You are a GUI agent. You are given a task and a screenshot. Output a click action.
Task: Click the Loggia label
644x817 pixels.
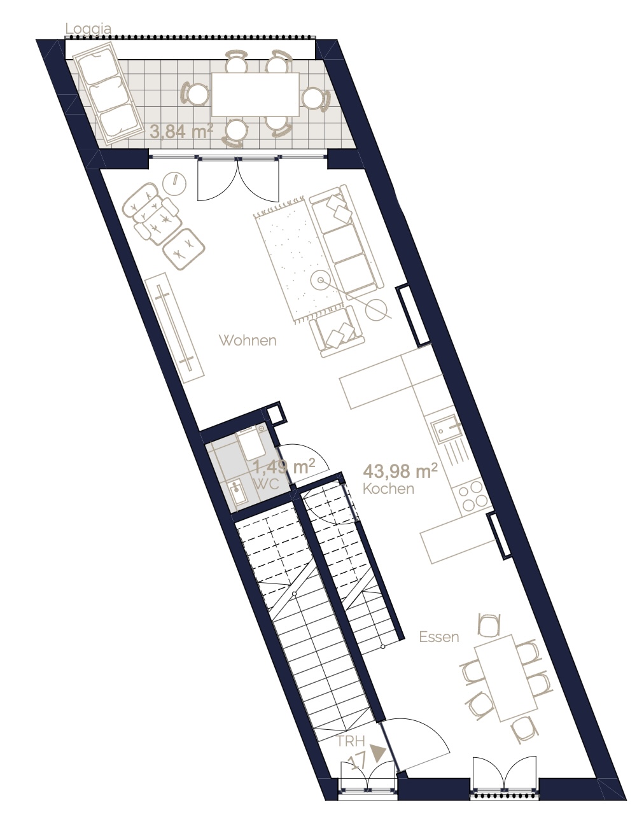88,29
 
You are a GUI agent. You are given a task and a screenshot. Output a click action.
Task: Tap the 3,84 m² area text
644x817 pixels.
181,132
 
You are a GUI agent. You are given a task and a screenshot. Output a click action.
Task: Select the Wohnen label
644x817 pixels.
248,340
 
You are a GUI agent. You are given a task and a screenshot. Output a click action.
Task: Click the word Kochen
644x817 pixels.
388,489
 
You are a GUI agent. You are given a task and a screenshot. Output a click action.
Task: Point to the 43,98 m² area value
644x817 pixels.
400,471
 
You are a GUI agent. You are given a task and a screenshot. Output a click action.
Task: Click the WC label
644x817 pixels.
266,484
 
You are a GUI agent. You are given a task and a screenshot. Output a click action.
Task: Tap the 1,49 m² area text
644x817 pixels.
284,467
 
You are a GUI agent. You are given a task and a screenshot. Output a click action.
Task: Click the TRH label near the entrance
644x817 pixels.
351,741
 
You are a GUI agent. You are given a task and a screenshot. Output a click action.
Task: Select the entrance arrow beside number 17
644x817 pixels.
379,753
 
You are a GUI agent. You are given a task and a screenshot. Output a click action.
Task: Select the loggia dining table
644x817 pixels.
255,95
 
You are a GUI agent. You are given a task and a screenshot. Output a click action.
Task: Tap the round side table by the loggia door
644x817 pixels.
174,184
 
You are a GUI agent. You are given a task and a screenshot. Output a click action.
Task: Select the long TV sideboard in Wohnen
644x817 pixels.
174,328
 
